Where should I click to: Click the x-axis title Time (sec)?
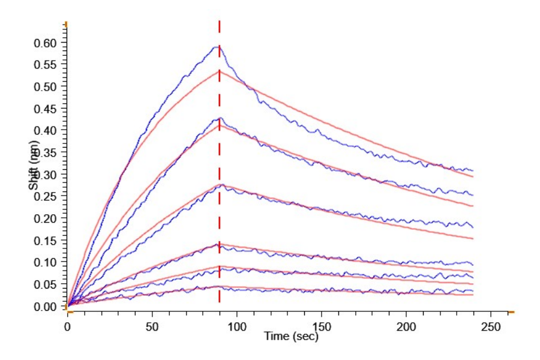tap(291, 336)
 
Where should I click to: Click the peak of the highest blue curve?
tap(218, 46)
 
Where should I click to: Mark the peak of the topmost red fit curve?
tap(220, 71)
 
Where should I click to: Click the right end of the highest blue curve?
tap(473, 171)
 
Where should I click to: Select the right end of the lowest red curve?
tap(473, 295)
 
